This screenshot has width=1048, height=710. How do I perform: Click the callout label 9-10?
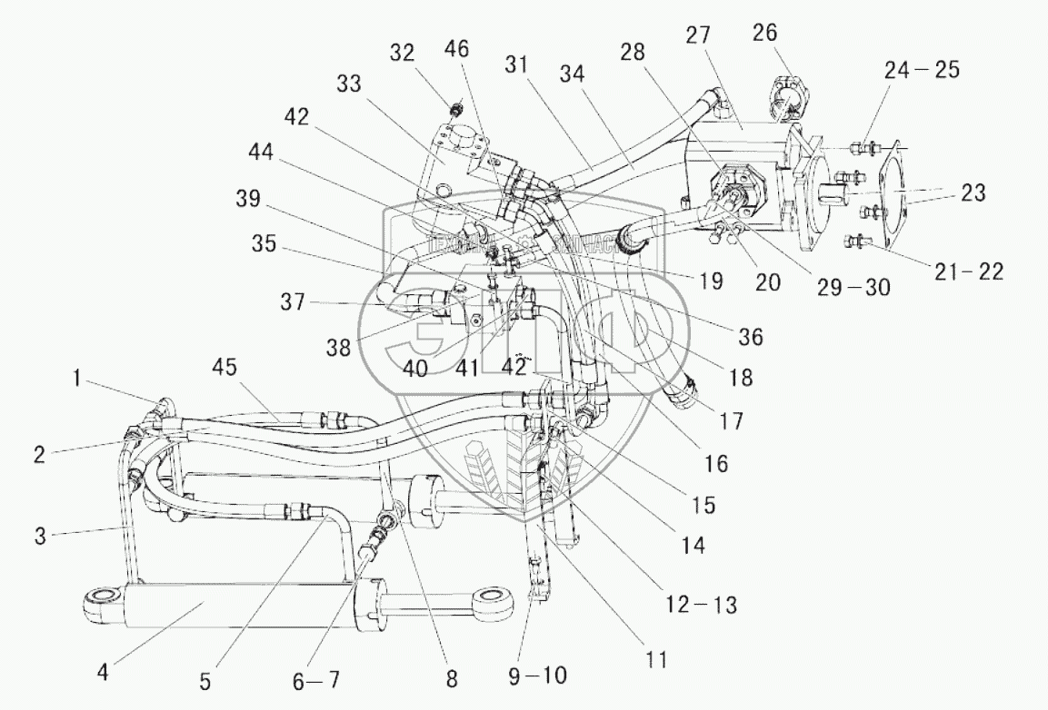coord(543,675)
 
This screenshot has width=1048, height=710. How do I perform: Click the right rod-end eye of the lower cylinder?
coord(494,598)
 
